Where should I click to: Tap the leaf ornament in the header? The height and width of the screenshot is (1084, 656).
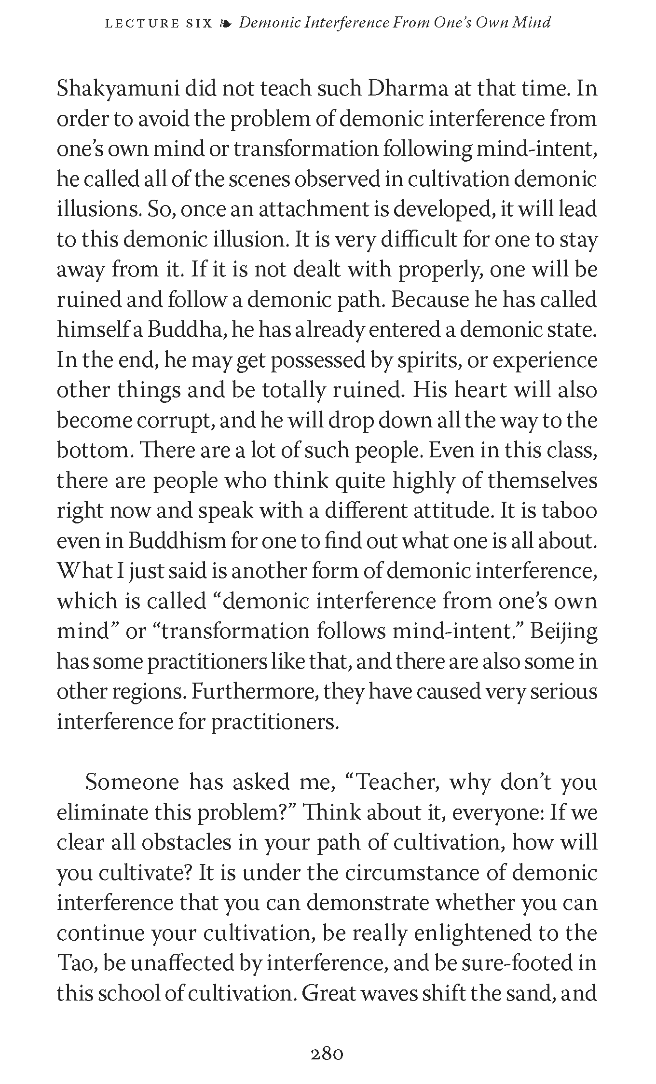225,23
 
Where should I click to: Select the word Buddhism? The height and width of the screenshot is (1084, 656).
178,541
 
